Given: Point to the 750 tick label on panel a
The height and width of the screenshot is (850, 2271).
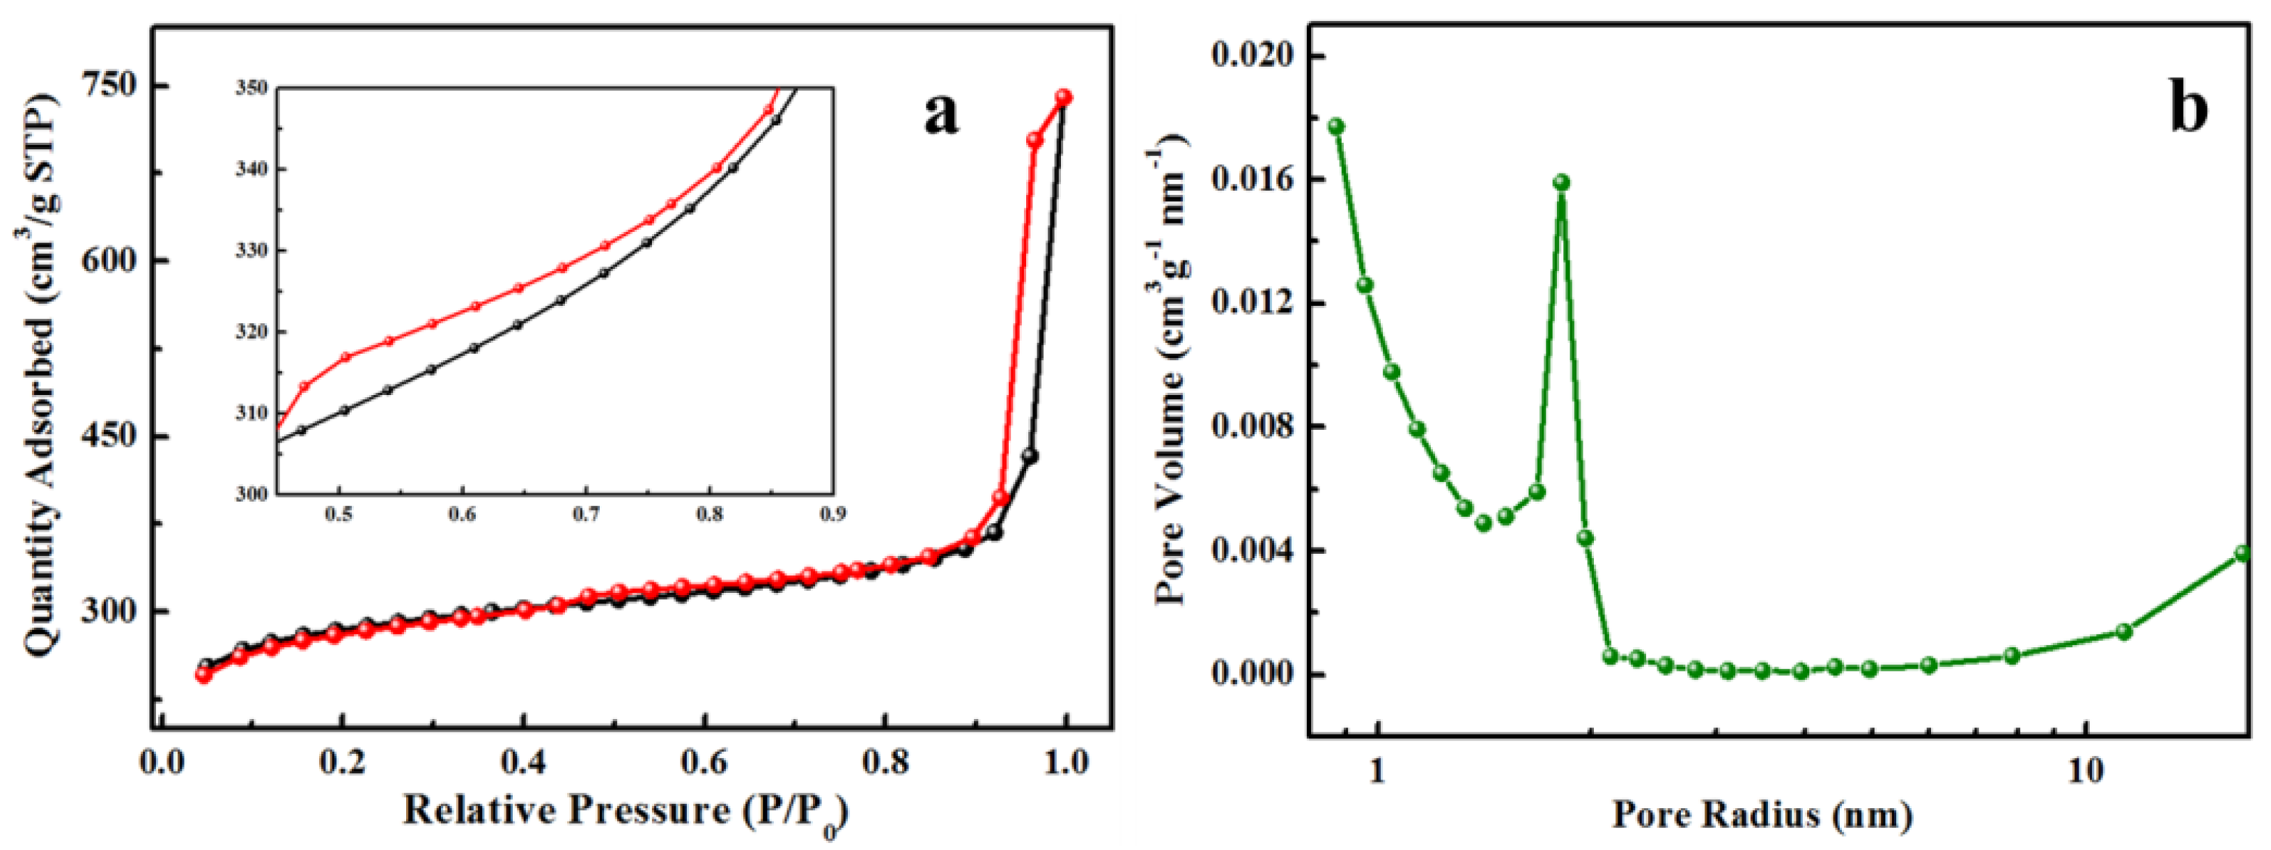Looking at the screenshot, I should tap(109, 86).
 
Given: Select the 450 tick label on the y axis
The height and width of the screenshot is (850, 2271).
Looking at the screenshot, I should tap(109, 435).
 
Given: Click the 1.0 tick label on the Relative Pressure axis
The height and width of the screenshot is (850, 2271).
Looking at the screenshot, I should tap(1066, 762).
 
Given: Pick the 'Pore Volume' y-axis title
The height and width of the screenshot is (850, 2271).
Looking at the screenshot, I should tap(1172, 371).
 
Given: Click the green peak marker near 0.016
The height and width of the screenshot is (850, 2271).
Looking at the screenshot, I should tap(1561, 183).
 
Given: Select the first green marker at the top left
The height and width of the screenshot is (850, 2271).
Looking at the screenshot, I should tap(1337, 126).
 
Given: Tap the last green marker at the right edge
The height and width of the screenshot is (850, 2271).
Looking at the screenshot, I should tap(2244, 554).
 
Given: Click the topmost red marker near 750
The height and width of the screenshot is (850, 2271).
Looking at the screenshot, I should tap(1064, 97).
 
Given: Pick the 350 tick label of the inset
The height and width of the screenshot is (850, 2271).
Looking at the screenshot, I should tap(251, 87).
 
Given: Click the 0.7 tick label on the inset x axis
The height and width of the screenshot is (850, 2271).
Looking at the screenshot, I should tap(585, 514).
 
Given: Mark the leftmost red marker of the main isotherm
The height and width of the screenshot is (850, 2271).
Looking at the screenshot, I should tap(203, 674).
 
